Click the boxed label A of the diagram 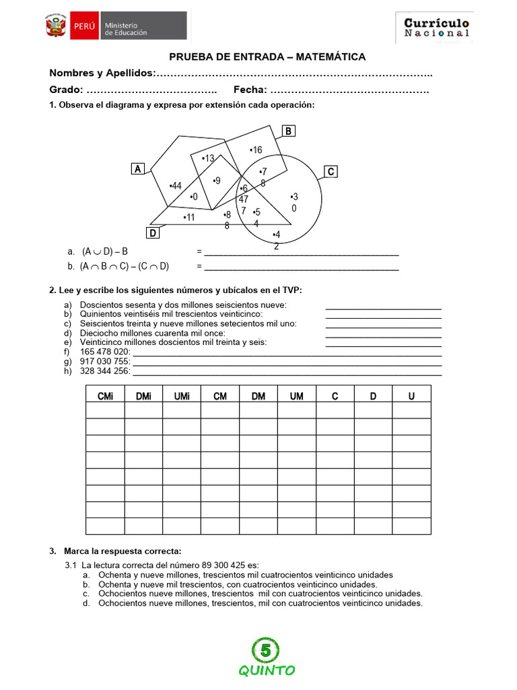click(138, 169)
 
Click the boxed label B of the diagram click(287, 131)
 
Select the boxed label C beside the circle click(331, 172)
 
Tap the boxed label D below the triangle click(153, 233)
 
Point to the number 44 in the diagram click(176, 186)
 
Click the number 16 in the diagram click(256, 150)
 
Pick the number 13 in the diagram click(208, 158)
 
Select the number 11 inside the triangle click(189, 217)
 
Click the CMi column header click(105, 396)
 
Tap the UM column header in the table click(296, 396)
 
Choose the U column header click(411, 396)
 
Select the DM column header click(258, 396)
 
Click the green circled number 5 click(266, 650)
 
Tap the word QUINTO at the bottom click(267, 670)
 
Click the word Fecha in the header click(249, 90)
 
